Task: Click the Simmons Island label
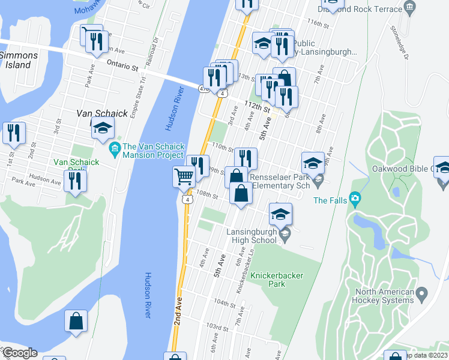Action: pos(19,59)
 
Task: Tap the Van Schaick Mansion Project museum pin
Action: pos(114,148)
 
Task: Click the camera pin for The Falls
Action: pos(355,199)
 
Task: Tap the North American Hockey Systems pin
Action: pos(422,295)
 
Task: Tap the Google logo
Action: pos(19,353)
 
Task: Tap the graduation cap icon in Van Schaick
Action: pos(103,128)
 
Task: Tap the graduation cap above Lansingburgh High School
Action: pos(281,214)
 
